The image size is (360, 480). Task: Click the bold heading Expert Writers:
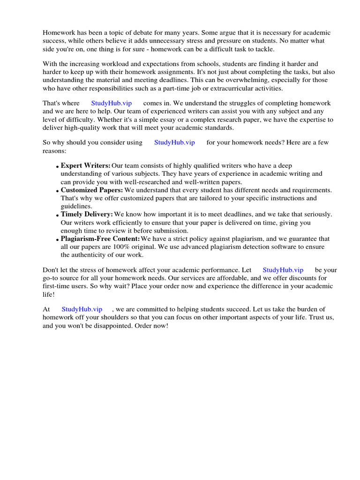tap(85, 166)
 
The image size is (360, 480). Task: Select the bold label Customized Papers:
tap(92, 190)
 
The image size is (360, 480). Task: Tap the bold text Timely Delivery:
tap(87, 214)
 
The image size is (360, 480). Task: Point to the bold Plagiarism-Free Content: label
tap(100, 239)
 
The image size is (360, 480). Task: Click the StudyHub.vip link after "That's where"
tap(112, 103)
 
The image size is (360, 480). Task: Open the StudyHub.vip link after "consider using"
tap(174, 142)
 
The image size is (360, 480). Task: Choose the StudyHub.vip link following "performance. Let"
tap(283, 270)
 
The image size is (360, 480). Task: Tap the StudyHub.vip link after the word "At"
tap(82, 309)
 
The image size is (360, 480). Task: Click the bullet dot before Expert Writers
tap(57, 167)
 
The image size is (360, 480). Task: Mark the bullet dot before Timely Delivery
tap(57, 215)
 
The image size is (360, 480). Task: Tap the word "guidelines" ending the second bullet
tap(76, 206)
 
